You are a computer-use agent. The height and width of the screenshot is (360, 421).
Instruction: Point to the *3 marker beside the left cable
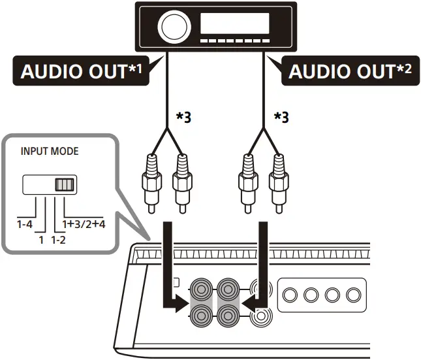click(x=185, y=118)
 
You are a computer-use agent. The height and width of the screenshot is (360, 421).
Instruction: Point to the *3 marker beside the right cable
click(x=281, y=118)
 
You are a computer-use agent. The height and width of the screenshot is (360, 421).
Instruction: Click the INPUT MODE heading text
click(x=50, y=152)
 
